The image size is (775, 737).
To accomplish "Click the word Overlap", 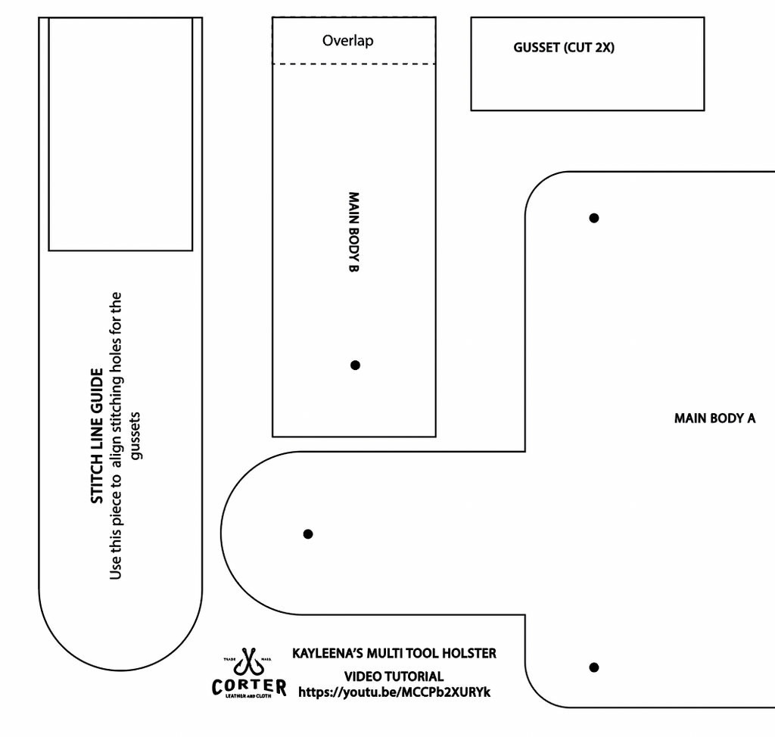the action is coord(348,41).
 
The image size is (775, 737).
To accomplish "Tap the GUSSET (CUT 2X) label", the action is coord(564,48).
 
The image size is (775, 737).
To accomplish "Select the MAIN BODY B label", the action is coord(353,232).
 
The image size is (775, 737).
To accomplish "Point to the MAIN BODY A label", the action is coord(714,418).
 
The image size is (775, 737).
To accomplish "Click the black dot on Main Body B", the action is coord(355,365).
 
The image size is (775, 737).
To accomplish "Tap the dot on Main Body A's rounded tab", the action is coord(308,534).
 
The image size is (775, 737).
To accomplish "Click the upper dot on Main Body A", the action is coord(594,218).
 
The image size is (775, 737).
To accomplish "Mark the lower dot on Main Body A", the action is coord(594,667).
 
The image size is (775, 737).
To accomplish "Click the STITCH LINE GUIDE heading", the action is coord(97,436).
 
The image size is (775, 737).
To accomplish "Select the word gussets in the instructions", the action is coord(135,436).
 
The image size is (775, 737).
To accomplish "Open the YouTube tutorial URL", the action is coord(394,692).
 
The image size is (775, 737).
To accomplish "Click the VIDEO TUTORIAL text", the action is coord(394,676).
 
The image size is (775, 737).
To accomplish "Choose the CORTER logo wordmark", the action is coord(248,686).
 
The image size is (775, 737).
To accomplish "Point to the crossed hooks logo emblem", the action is coord(248,662).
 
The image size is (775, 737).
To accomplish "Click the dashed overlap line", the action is coord(354,64).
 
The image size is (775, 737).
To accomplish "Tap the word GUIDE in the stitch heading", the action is coord(97,390).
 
